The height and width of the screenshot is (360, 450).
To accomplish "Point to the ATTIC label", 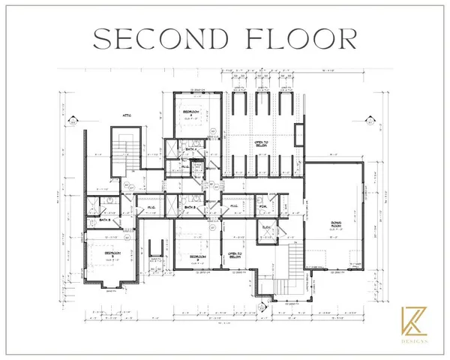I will [128, 115].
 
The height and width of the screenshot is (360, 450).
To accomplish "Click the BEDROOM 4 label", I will [189, 113].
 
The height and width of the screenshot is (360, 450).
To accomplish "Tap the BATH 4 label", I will [192, 149].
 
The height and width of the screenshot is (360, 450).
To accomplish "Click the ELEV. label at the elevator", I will [266, 226].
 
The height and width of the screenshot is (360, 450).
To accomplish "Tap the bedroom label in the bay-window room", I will [111, 254].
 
